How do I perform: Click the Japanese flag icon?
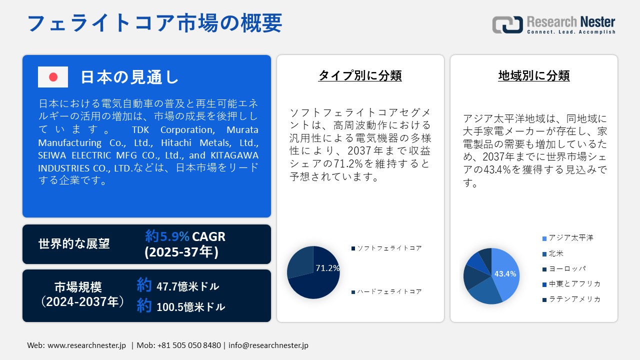coord(53,77)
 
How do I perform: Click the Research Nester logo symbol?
coord(507,24)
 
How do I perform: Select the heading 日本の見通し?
coord(129,77)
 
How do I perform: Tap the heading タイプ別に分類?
coord(360,75)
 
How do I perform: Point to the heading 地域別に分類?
coord(534,75)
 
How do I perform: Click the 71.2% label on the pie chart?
coord(327,268)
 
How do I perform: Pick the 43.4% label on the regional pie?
coord(505,274)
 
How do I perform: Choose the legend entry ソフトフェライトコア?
coord(389,248)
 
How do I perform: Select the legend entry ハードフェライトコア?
coord(389,291)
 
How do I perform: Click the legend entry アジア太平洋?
coord(570,238)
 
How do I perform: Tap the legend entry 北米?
coord(556,253)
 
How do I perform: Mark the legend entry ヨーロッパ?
coord(567,269)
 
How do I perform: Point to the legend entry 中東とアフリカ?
coord(574,284)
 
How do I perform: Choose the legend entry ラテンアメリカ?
coord(574,299)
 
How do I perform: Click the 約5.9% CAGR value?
coord(185,236)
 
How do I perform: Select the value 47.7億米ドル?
coord(187,286)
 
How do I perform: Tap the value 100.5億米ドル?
coord(190,307)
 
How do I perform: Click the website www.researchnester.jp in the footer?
coord(86,345)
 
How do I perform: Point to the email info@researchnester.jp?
coord(268,345)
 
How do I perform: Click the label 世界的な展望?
coord(74,244)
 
